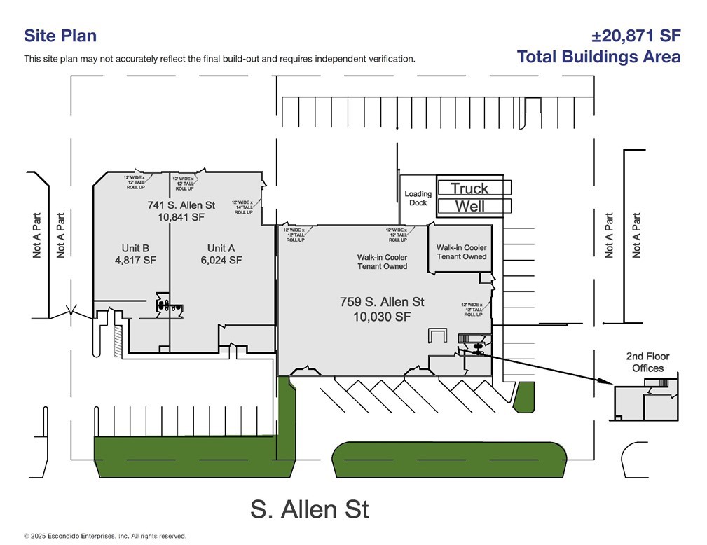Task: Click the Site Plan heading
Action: pyautogui.click(x=60, y=36)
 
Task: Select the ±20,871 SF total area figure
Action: pyautogui.click(x=636, y=36)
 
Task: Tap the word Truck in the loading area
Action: pyautogui.click(x=469, y=188)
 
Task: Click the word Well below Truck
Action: pyautogui.click(x=469, y=206)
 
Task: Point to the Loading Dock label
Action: pyautogui.click(x=418, y=198)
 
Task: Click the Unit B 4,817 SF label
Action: pyautogui.click(x=135, y=254)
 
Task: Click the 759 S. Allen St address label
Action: pyautogui.click(x=382, y=302)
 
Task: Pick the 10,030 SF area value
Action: pyautogui.click(x=382, y=317)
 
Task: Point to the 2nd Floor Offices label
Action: pyautogui.click(x=647, y=362)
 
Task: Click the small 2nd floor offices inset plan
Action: pyautogui.click(x=646, y=399)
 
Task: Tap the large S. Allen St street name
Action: pyautogui.click(x=309, y=509)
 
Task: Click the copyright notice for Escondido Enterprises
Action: pyautogui.click(x=105, y=536)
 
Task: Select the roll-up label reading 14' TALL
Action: pyautogui.click(x=244, y=207)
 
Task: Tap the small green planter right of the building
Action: pyautogui.click(x=523, y=396)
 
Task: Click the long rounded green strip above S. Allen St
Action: pyautogui.click(x=448, y=460)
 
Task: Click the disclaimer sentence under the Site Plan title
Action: pyautogui.click(x=219, y=59)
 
